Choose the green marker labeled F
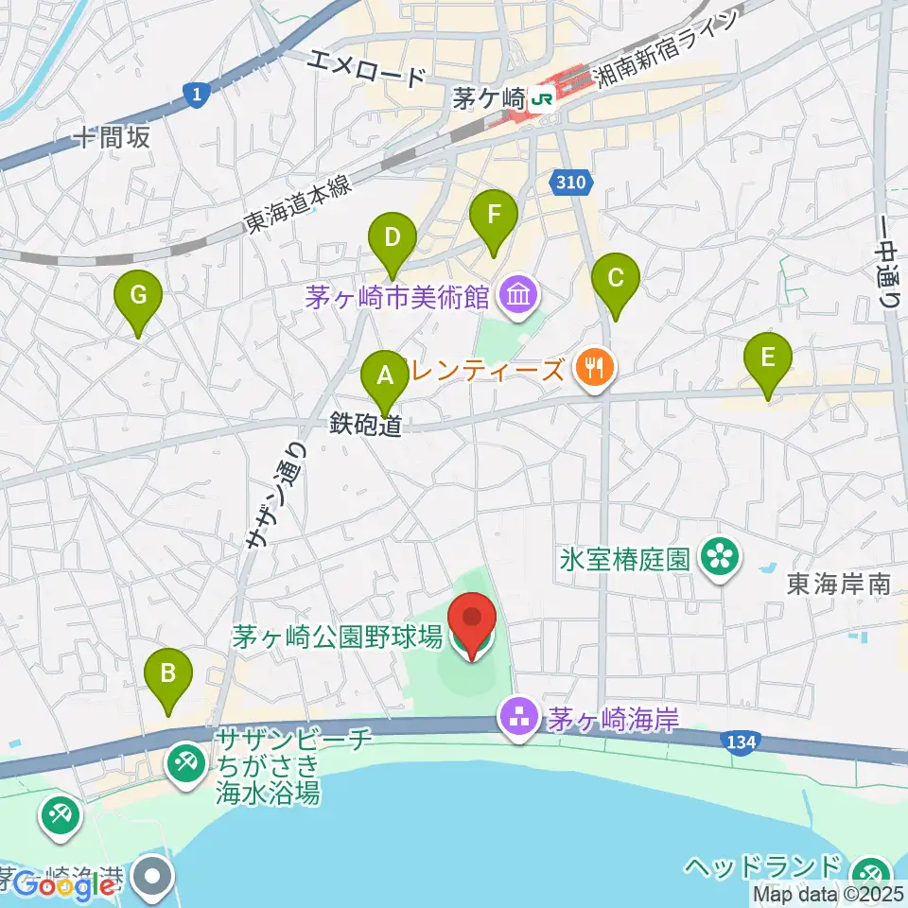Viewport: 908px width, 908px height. [494, 216]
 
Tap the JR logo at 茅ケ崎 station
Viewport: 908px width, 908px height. [542, 97]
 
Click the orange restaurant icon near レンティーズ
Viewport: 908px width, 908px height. [595, 368]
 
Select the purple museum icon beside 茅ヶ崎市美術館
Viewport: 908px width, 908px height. [518, 297]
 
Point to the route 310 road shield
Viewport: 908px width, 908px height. [571, 182]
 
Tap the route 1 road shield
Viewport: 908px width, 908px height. [194, 93]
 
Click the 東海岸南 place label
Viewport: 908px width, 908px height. [838, 585]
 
